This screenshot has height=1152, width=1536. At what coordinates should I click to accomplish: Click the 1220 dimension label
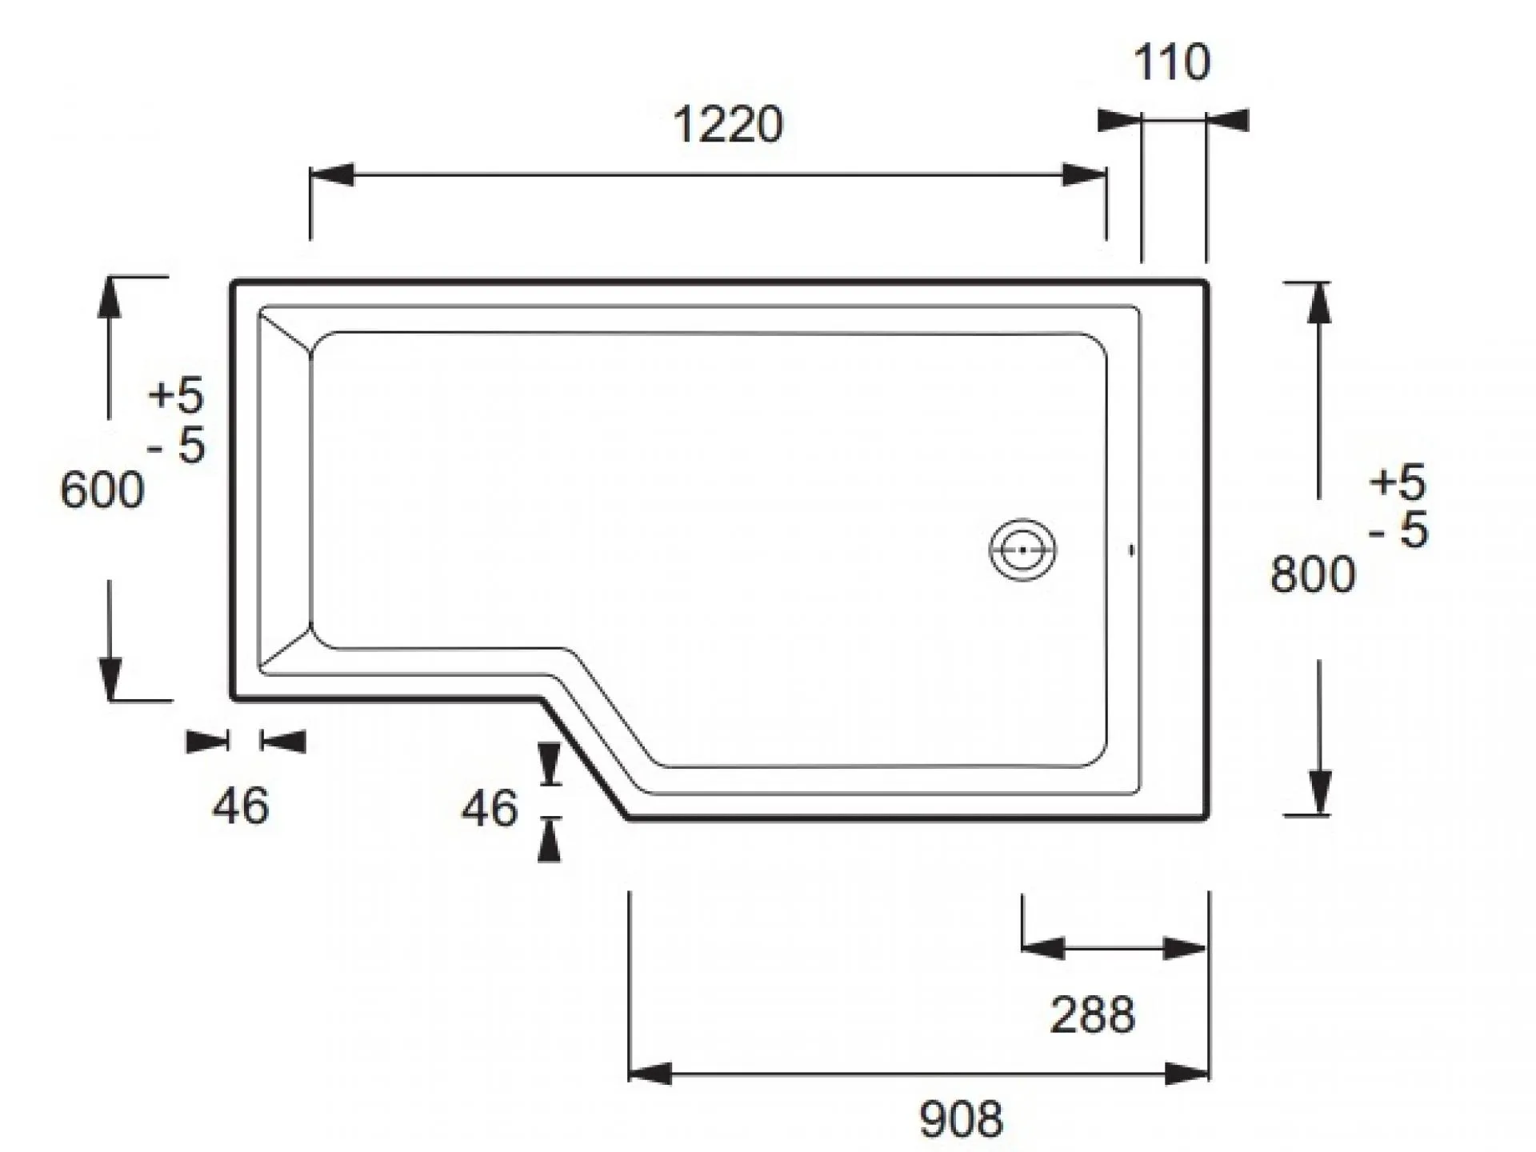(728, 126)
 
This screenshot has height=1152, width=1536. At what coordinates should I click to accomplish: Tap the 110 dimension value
(1172, 62)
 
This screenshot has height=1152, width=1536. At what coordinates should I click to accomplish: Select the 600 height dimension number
(102, 490)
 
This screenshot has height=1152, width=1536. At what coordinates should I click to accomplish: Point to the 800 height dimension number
(1313, 574)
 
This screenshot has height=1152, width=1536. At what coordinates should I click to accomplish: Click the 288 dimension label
(1092, 1015)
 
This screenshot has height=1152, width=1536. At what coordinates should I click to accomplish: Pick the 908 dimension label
(961, 1119)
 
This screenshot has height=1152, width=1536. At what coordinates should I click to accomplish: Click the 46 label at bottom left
(240, 806)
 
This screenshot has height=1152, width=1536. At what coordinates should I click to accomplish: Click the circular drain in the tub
(1022, 550)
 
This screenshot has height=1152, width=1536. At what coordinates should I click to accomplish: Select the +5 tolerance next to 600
(176, 396)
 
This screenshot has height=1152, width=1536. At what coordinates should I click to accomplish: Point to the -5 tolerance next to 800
(1398, 530)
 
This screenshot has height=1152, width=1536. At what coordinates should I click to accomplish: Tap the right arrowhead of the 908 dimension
(1186, 1074)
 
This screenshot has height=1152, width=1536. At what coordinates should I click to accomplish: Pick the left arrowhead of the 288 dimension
(1043, 948)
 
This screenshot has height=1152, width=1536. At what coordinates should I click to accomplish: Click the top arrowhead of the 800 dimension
(1319, 303)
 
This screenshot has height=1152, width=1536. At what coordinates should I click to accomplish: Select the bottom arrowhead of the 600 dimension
(110, 678)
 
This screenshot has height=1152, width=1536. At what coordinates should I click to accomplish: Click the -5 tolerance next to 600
(177, 445)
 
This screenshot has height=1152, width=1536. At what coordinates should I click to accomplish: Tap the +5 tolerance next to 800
(1398, 482)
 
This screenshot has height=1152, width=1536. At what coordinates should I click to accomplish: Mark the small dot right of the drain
(1131, 550)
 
